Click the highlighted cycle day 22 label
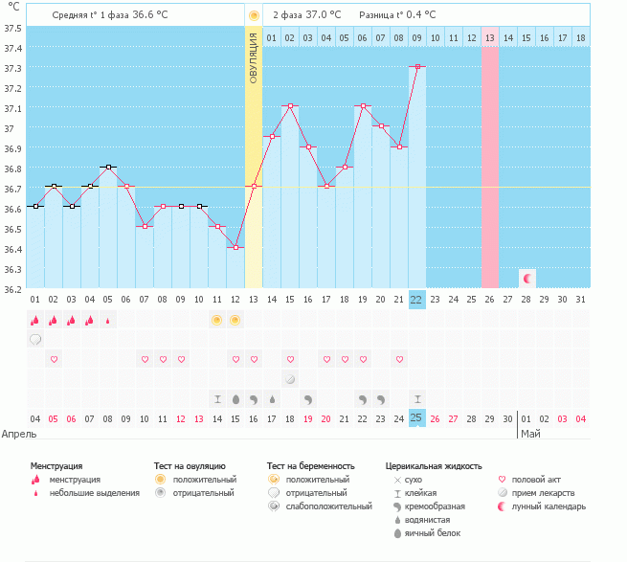point(416,299)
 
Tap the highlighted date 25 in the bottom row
point(416,417)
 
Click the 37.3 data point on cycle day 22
point(416,67)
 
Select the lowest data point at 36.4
point(235,247)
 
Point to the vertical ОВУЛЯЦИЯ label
point(254,57)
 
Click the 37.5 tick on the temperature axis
point(12,28)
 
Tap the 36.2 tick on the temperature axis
point(12,287)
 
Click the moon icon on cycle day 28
point(526,278)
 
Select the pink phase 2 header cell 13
point(489,37)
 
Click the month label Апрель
point(19,434)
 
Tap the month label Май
point(530,434)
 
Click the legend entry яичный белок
point(434,533)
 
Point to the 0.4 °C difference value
point(417,15)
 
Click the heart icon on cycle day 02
point(54,359)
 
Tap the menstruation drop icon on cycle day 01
point(35,320)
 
